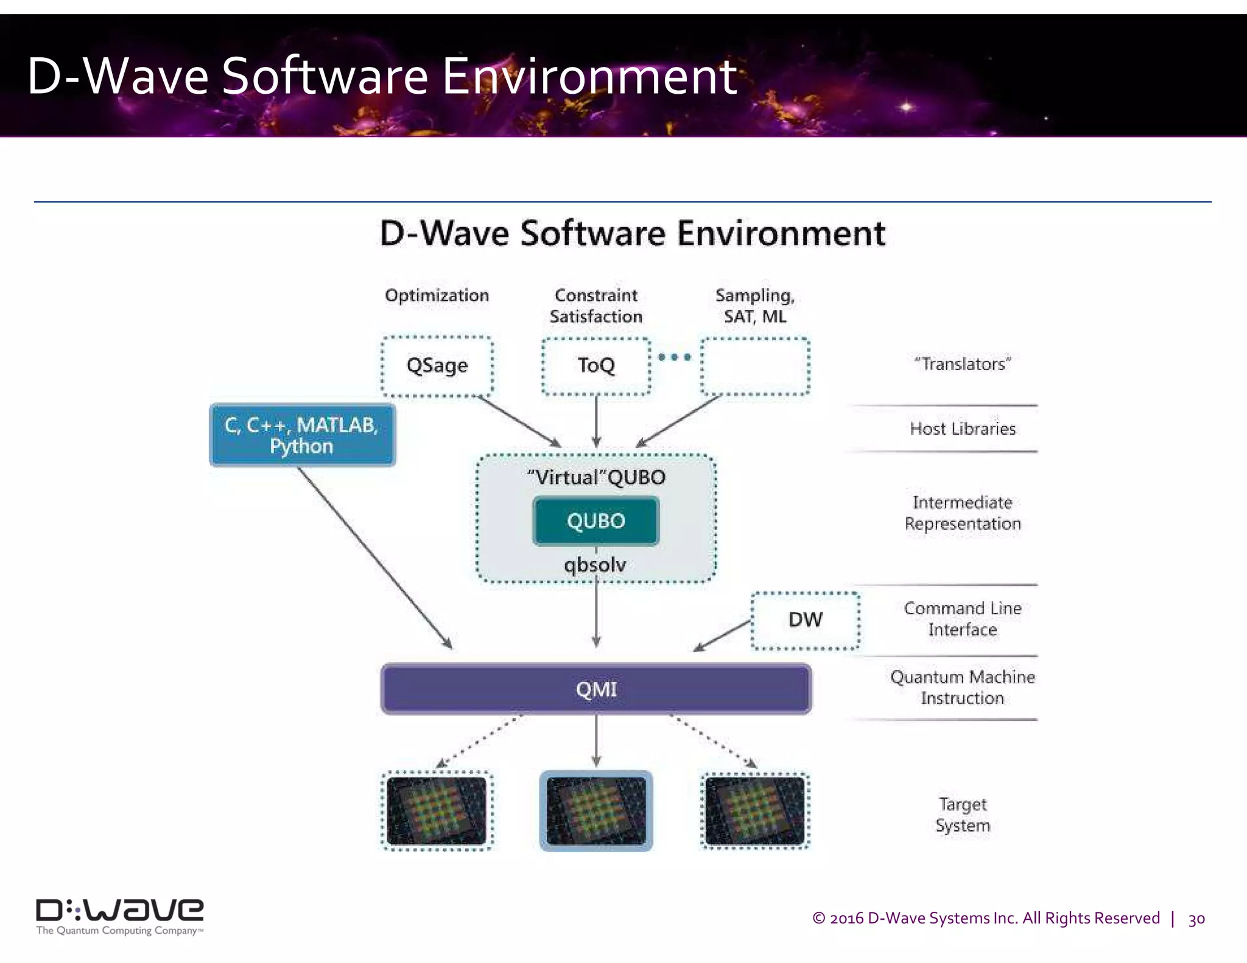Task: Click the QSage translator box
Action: pos(437,366)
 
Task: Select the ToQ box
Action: pos(596,366)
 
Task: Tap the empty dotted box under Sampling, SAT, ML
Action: pos(755,366)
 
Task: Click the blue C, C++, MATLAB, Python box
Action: pos(302,435)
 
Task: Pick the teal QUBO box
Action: pos(595,521)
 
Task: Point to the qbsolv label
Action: pos(595,565)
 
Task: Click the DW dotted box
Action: pos(805,620)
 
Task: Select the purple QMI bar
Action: pos(595,689)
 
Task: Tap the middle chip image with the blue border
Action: pos(596,810)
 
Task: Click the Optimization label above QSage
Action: pos(437,295)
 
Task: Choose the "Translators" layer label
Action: pos(962,364)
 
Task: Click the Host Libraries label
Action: pos(963,429)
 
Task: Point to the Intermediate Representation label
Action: pos(963,513)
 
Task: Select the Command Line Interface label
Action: pos(963,618)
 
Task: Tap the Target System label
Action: pos(963,814)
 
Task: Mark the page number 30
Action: pos(1196,919)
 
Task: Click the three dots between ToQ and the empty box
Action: pos(675,357)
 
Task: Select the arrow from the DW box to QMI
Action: pos(722,636)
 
